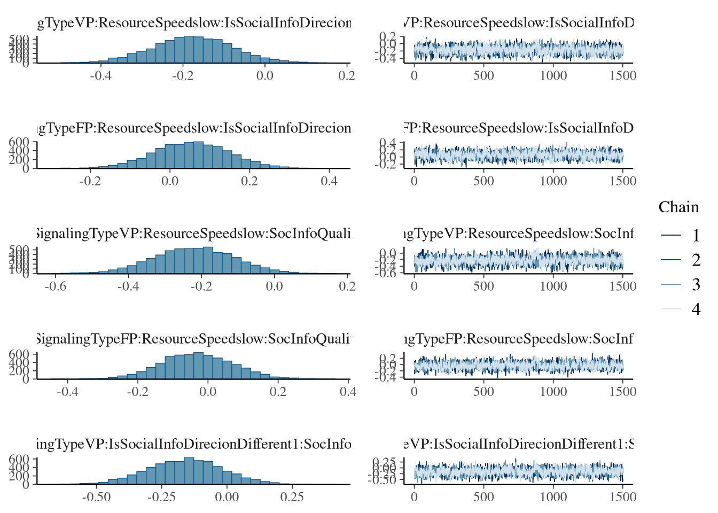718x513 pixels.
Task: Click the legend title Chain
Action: click(678, 207)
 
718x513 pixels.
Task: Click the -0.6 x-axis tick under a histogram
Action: click(56, 286)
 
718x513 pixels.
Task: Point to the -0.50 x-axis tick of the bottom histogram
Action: click(96, 497)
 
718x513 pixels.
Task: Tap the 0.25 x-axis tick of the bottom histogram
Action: click(292, 497)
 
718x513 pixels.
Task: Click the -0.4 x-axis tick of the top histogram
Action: click(100, 76)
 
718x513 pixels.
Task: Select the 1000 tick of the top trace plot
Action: click(553, 76)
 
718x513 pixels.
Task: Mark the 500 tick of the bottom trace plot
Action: click(483, 497)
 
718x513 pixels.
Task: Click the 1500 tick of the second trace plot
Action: click(623, 181)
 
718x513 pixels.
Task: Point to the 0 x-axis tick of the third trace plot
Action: click(415, 286)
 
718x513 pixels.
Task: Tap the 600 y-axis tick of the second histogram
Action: click(21, 142)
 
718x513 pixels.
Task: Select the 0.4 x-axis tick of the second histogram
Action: click(329, 181)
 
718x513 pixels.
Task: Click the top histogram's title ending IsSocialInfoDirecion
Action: click(194, 24)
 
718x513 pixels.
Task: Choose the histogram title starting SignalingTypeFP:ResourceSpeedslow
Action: click(194, 339)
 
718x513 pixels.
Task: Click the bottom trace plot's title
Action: click(518, 445)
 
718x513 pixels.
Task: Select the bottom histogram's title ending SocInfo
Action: click(194, 445)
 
